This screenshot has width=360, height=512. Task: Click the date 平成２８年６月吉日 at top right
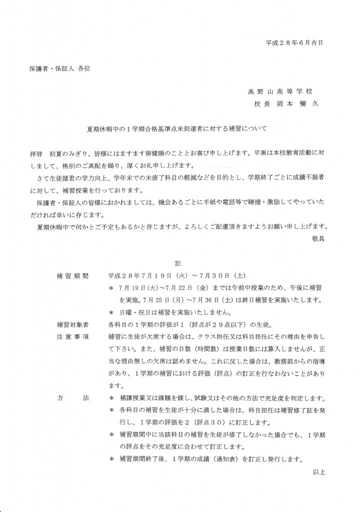pyautogui.click(x=294, y=43)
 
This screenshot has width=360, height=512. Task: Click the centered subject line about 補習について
pyautogui.click(x=177, y=128)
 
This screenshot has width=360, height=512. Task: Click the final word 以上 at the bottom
pyautogui.click(x=318, y=471)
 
